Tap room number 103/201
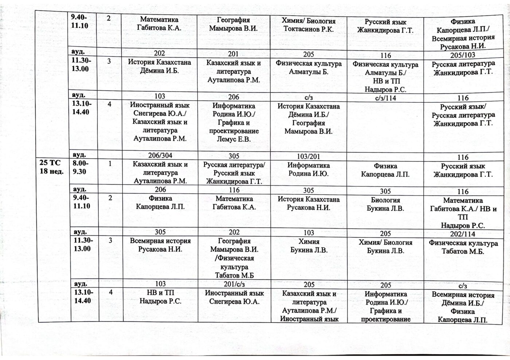coord(308,157)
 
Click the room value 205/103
coord(463,55)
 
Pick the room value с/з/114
coord(385,98)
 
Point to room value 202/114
coord(463,234)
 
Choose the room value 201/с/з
coord(234,284)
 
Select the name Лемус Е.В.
coord(234,139)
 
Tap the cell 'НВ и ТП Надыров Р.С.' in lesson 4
coord(160,297)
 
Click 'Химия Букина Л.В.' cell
coord(308,246)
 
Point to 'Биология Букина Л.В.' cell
coord(385,205)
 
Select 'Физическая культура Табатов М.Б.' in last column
coord(463,247)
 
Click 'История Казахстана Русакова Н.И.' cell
coord(308,204)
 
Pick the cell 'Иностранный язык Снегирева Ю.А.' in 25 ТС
coord(234,297)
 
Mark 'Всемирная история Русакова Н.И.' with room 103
coord(160,245)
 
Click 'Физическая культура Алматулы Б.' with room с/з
coord(308,68)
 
